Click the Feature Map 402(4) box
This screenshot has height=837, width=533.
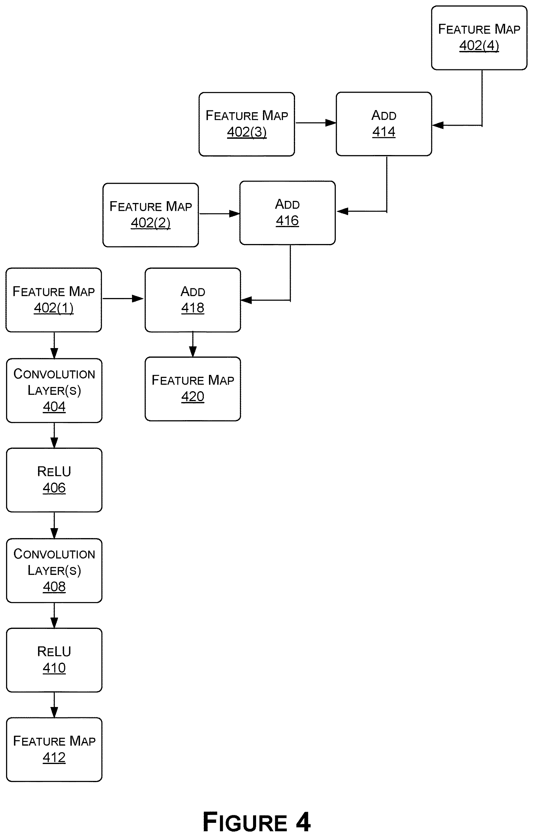pos(479,38)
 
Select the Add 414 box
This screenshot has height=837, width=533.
pos(384,124)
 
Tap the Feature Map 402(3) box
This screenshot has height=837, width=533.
pos(247,124)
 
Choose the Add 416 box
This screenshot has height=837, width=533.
pos(287,213)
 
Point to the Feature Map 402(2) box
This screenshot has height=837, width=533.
pos(151,215)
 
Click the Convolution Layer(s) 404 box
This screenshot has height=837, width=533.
pos(54,391)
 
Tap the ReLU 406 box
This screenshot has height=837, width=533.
pos(54,480)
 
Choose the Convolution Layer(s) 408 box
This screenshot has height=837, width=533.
pos(54,571)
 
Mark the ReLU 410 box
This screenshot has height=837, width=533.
pos(54,660)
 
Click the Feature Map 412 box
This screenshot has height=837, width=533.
pos(54,750)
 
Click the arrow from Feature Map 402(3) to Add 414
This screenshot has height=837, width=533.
pos(316,123)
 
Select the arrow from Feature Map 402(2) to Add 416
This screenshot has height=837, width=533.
pos(220,214)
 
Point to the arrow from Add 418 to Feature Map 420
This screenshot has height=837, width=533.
pos(193,344)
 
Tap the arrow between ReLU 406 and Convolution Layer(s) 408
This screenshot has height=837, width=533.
pos(54,525)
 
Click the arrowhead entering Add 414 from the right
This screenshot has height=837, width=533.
pos(437,125)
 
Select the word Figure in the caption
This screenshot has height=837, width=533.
pos(245,822)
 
